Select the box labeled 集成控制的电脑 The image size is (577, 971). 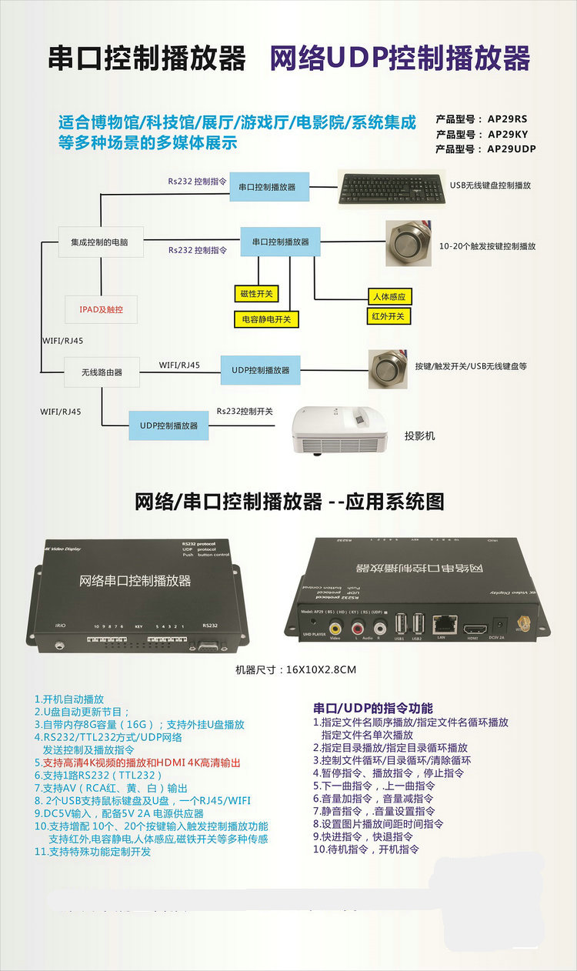94,242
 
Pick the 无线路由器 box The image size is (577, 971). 91,372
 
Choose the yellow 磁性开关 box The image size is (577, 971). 257,293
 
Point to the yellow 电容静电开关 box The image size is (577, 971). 265,319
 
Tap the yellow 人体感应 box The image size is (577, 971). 389,297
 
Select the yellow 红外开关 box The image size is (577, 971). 388,316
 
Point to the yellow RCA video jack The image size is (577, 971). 335,625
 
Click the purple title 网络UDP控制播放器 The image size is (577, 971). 399,58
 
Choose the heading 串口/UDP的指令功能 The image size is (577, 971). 373,708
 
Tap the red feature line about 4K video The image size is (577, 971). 136,762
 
